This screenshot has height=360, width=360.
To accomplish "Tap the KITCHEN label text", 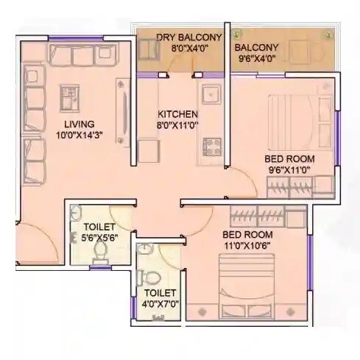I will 177,114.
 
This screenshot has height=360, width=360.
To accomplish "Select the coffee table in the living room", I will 71,96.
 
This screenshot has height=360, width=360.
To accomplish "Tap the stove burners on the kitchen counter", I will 212,143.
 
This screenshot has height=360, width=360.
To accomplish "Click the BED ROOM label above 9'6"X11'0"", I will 290,158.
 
